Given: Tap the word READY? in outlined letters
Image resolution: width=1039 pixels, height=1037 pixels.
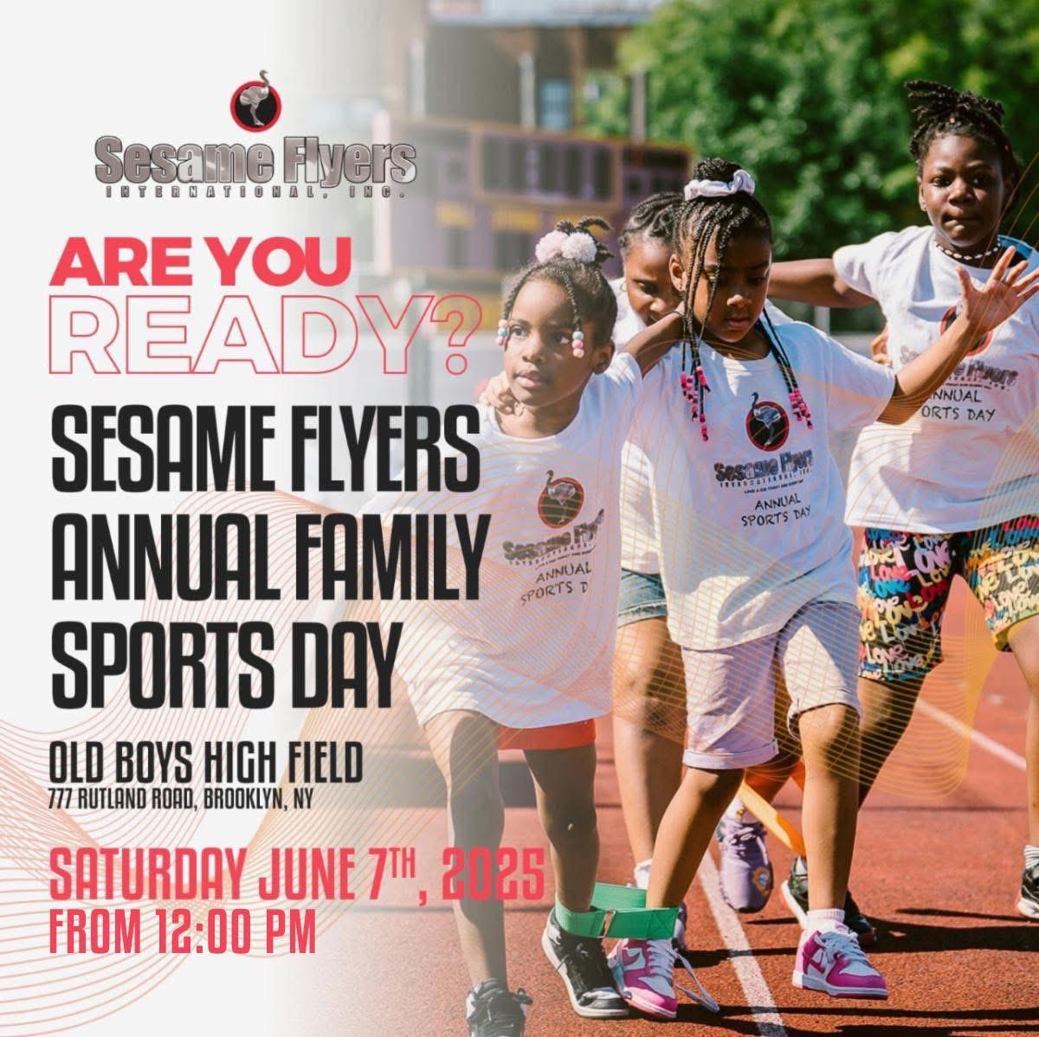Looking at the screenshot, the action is [x=259, y=335].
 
